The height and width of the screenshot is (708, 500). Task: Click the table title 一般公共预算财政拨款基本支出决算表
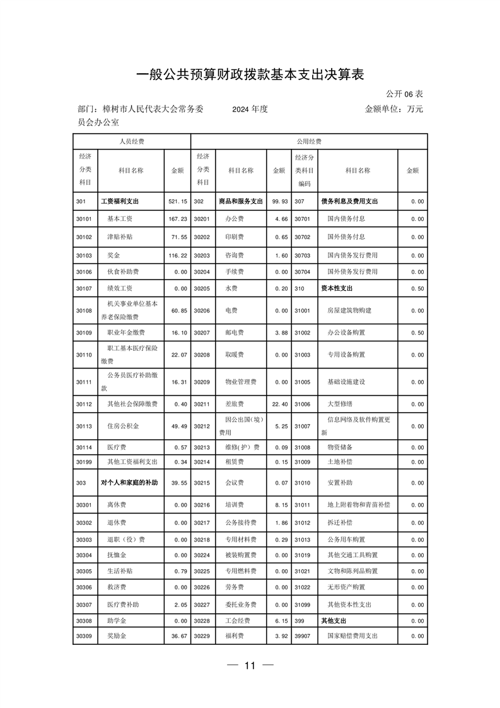[250, 74]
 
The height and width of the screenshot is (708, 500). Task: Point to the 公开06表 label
[404, 94]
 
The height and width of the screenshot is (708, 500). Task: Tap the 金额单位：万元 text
[393, 109]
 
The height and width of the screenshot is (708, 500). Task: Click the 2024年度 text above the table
[250, 109]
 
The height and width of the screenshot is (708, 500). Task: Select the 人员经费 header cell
[132, 141]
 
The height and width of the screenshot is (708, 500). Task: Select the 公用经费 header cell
[309, 141]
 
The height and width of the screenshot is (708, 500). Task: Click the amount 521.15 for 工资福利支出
[178, 201]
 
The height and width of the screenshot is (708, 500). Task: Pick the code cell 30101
[84, 219]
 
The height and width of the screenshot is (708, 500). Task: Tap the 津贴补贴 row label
[119, 237]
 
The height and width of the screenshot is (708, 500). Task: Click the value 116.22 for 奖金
[178, 255]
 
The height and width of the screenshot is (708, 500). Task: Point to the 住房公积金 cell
[123, 426]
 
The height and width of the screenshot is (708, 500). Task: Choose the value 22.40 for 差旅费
[279, 404]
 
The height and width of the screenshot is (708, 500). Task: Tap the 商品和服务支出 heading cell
[240, 201]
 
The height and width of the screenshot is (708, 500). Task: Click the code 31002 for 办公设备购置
[303, 333]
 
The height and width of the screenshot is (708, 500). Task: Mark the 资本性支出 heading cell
[339, 288]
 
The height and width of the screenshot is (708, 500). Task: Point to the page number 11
[250, 666]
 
